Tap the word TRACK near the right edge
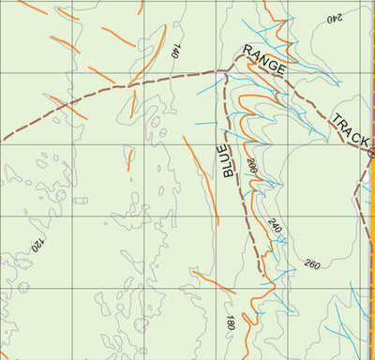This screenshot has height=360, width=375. tap(349, 130)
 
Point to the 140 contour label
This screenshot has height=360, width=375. tap(175, 52)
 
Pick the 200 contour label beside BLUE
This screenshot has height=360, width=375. tap(251, 169)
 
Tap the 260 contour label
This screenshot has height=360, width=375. tap(312, 264)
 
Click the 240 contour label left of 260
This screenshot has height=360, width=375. tap(274, 226)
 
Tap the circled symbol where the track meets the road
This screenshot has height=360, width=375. tap(371, 152)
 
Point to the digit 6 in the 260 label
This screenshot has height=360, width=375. tap(312, 264)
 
